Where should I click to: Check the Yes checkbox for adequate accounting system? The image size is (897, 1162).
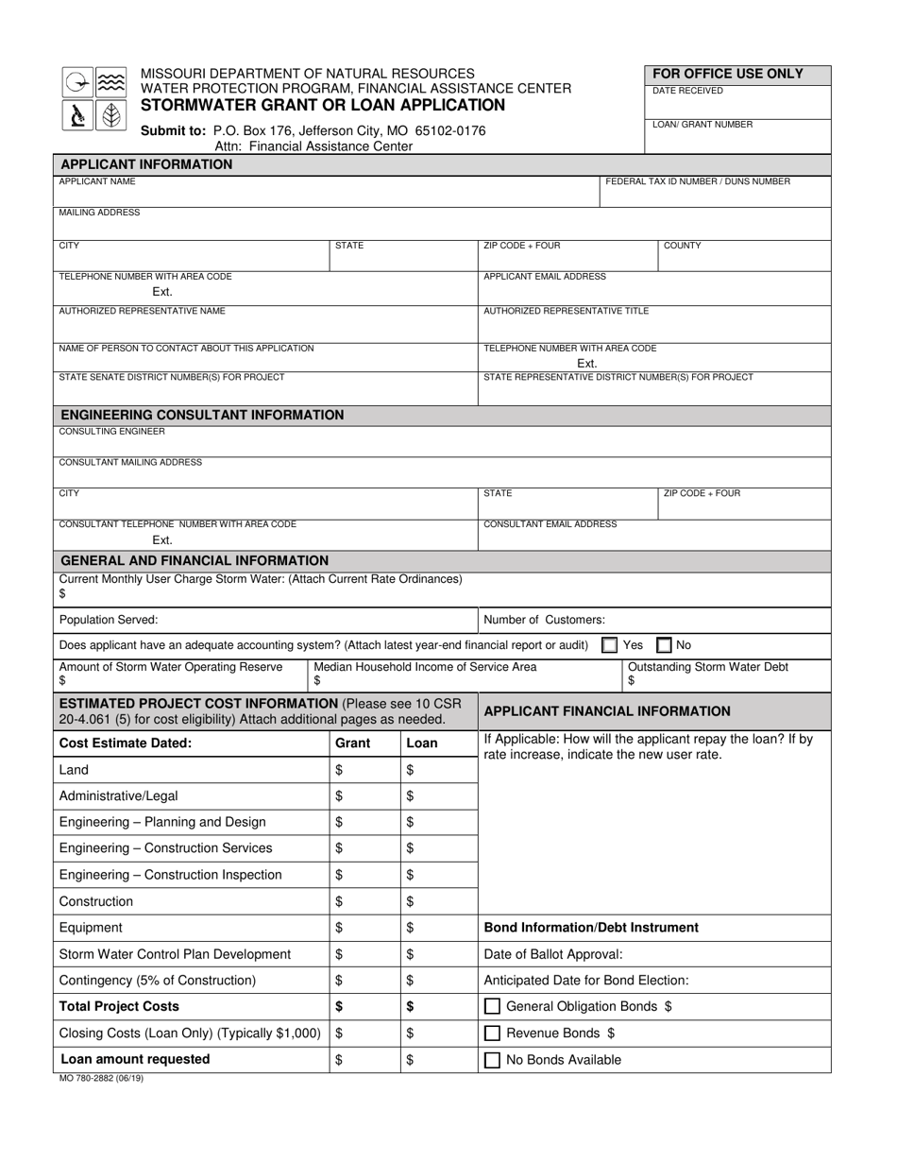(x=610, y=645)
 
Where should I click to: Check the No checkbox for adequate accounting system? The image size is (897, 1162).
(x=665, y=645)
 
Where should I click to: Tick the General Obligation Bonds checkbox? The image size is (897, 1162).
(x=492, y=1007)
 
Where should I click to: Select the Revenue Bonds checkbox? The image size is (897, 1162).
(x=492, y=1034)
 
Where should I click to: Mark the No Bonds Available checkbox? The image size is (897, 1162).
(x=492, y=1060)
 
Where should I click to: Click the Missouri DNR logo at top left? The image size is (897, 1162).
(x=94, y=98)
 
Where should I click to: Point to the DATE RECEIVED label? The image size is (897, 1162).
(x=688, y=92)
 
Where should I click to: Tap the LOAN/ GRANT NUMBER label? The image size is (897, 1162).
(x=702, y=125)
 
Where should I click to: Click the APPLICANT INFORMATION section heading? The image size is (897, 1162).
(x=146, y=164)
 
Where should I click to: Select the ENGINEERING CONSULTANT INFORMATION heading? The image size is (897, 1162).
(x=202, y=415)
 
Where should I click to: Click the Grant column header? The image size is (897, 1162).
(x=353, y=743)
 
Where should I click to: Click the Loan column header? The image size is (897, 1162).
(x=422, y=743)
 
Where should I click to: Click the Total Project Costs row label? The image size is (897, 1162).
(x=119, y=1007)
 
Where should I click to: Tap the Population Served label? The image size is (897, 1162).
(x=109, y=620)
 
